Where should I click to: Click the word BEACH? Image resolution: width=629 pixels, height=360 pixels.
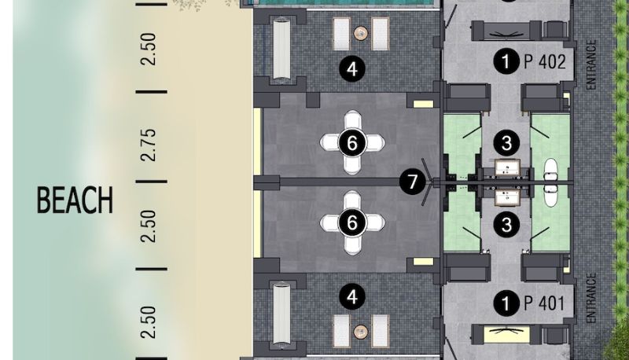(75, 200)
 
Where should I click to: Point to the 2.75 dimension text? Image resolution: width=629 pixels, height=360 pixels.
(149, 145)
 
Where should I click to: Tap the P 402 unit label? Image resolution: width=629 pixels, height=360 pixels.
(545, 61)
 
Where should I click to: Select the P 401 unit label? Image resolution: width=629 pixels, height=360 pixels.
(544, 303)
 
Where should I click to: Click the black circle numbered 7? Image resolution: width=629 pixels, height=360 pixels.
(412, 182)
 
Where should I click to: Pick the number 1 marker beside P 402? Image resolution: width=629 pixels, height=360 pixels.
(506, 61)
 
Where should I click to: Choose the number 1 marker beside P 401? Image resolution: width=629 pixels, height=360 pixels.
(506, 303)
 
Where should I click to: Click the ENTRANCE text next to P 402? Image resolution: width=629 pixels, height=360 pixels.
(591, 64)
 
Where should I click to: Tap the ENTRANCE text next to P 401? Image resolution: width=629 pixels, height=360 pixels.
(591, 298)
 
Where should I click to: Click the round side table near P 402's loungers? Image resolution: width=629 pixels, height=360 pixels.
(361, 33)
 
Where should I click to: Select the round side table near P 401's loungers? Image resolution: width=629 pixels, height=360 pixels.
(361, 332)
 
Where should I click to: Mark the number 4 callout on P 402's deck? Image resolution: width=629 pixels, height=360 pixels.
(352, 69)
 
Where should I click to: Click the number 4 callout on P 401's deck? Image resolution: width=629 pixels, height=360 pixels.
(352, 297)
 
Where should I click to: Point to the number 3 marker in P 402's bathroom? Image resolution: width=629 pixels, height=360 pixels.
(506, 143)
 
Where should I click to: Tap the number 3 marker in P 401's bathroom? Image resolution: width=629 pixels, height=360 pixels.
(506, 225)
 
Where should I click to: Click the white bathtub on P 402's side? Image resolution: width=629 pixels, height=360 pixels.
(551, 169)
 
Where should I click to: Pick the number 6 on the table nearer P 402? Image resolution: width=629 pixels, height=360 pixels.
(352, 143)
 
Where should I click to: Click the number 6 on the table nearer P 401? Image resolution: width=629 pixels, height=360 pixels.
(352, 222)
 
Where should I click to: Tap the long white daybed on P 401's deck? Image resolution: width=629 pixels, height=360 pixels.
(281, 314)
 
